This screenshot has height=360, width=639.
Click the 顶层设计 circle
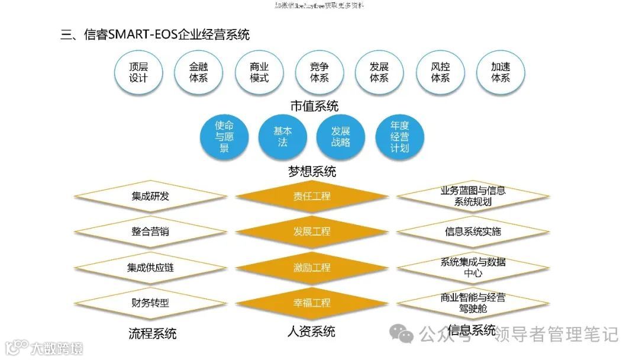click(x=138, y=72)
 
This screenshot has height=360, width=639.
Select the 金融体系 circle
click(x=199, y=72)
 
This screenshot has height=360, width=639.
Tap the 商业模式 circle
click(x=259, y=72)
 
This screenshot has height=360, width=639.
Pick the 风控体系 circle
click(x=440, y=72)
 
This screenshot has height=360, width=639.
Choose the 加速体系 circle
click(x=501, y=72)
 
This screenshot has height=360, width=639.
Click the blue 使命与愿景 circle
click(x=224, y=137)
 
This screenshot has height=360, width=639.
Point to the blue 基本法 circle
click(x=282, y=137)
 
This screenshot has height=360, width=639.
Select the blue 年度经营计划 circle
click(x=399, y=137)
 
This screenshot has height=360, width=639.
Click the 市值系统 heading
click(x=314, y=106)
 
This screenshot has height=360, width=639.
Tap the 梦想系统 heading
click(x=312, y=172)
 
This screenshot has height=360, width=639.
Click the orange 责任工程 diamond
click(x=312, y=196)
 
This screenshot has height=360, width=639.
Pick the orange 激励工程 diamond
click(x=312, y=268)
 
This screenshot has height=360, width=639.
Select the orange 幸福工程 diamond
click(x=312, y=303)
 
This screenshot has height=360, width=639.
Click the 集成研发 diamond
click(x=150, y=196)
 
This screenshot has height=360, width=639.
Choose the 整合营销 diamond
click(x=150, y=232)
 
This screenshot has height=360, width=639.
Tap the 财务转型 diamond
click(x=150, y=303)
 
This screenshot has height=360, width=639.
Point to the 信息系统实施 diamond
click(x=473, y=232)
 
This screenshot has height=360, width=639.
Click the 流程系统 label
click(x=153, y=333)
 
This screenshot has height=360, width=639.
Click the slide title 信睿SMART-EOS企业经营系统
click(x=156, y=34)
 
